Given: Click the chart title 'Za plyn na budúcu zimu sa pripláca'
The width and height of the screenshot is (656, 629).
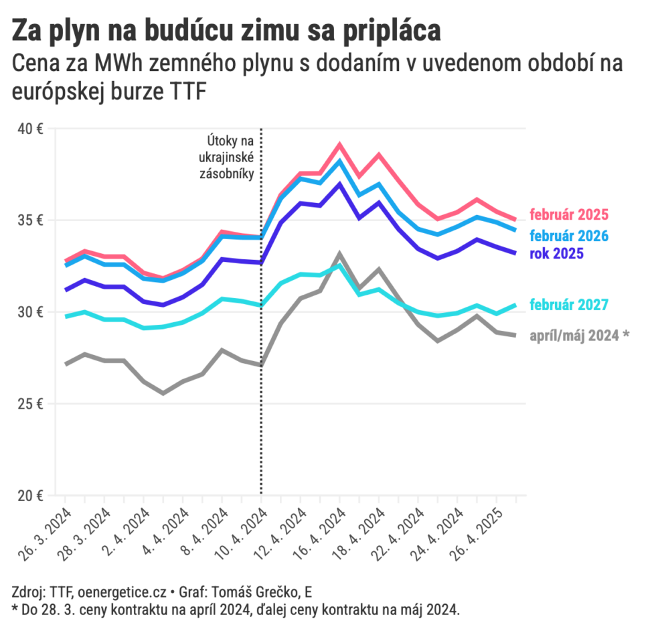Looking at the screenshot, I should (227, 31).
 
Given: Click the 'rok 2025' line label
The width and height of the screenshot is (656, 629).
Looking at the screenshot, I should (556, 254).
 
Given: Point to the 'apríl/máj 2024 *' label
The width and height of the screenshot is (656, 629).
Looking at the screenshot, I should (579, 336).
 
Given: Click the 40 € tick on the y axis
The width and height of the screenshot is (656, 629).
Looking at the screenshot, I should (31, 129).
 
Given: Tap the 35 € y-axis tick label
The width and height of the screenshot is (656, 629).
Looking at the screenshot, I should (31, 220).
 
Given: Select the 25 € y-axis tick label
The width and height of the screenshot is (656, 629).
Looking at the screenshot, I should (31, 404).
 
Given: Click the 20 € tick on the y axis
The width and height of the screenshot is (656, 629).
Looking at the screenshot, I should (31, 496).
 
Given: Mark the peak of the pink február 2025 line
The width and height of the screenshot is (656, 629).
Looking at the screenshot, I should (339, 144).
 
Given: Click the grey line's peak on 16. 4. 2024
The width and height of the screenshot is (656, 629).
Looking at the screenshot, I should (339, 254).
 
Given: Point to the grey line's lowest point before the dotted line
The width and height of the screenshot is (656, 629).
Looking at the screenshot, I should (163, 393).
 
